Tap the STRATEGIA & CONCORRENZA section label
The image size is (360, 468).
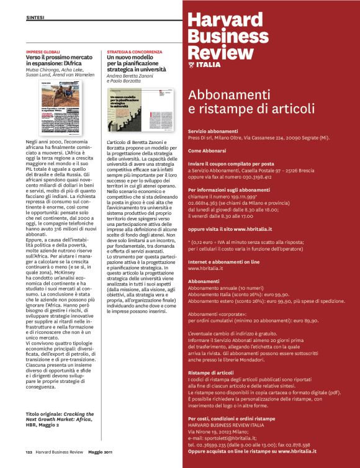(x=129, y=52)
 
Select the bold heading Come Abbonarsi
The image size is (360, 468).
(x=207, y=151)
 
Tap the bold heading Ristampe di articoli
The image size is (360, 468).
(x=210, y=372)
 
